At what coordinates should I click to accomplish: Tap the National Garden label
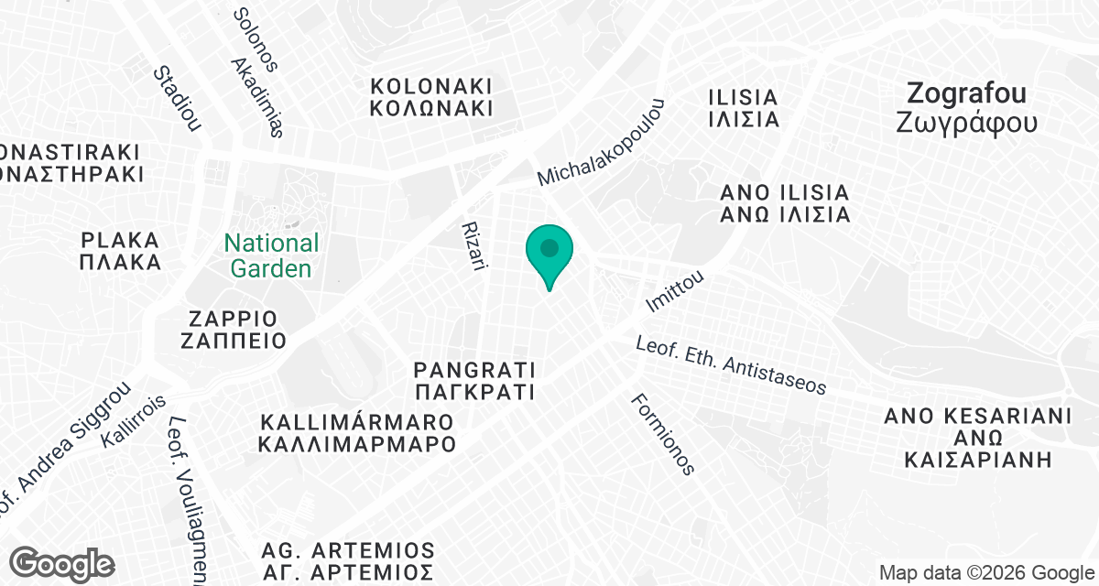pyautogui.click(x=272, y=255)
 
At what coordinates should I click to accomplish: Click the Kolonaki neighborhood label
pyautogui.click(x=431, y=96)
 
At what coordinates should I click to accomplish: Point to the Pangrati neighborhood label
pyautogui.click(x=473, y=382)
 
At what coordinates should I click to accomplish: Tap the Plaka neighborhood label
pyautogui.click(x=120, y=251)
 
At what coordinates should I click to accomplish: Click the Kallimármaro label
pyautogui.click(x=357, y=434)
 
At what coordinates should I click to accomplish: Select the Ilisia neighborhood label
pyautogui.click(x=744, y=107)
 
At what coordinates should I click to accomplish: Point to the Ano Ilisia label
pyautogui.click(x=785, y=204)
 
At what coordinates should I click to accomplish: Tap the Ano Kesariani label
pyautogui.click(x=977, y=438)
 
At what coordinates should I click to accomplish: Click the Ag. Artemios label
pyautogui.click(x=347, y=562)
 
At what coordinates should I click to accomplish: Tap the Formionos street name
pyautogui.click(x=662, y=434)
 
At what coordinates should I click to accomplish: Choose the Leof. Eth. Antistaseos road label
pyautogui.click(x=732, y=365)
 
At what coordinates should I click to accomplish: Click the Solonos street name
pyautogui.click(x=255, y=39)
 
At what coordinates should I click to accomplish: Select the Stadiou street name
pyautogui.click(x=177, y=98)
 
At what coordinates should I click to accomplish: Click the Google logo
pyautogui.click(x=62, y=563)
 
